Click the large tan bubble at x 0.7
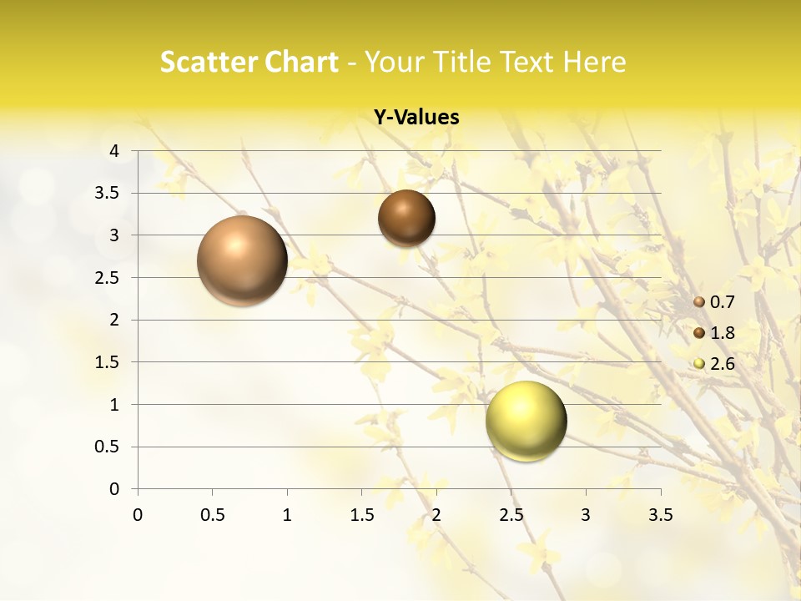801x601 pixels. coord(243,260)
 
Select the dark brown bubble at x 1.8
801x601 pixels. coord(406,218)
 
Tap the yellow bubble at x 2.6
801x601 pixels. coord(526,421)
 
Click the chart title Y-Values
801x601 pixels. coord(416,118)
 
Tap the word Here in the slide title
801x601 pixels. coord(594,62)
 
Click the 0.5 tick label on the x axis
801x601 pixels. coord(212,515)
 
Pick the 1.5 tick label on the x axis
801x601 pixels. coord(361,515)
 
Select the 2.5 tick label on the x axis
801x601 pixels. coord(511,515)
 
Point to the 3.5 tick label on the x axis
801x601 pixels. coord(660,515)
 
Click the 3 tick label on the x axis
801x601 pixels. coord(586,515)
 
